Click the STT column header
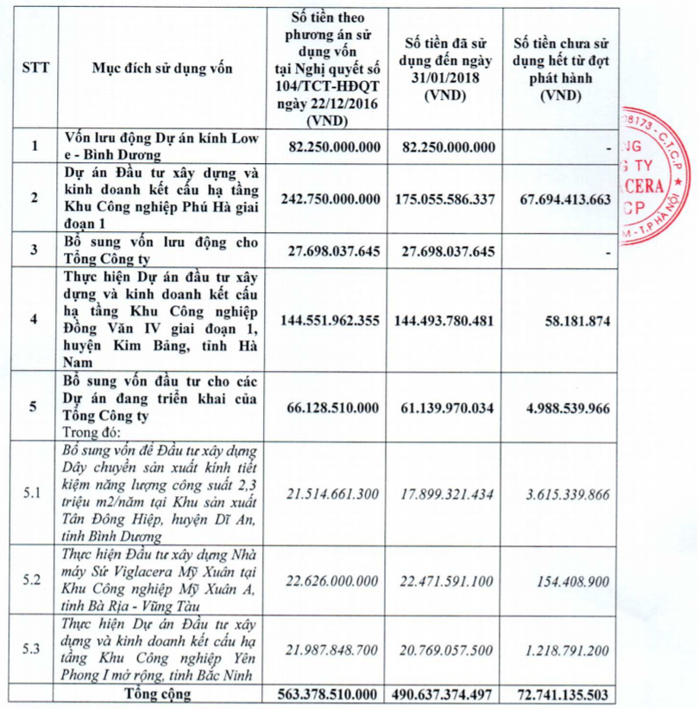[x=34, y=67]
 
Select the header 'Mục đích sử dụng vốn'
[x=163, y=67]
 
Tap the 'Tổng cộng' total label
[x=163, y=694]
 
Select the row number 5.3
[x=34, y=649]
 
